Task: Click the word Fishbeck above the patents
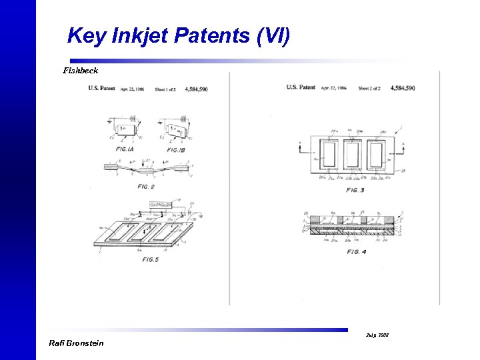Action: (x=81, y=70)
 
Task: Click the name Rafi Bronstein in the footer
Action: (x=77, y=343)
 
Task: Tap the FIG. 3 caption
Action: (x=355, y=191)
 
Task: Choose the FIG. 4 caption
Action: (x=357, y=251)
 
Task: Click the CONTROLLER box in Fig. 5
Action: (x=161, y=204)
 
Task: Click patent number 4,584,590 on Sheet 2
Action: (x=403, y=88)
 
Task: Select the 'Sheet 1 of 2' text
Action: (x=167, y=89)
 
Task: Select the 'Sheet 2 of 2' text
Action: (x=371, y=88)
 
